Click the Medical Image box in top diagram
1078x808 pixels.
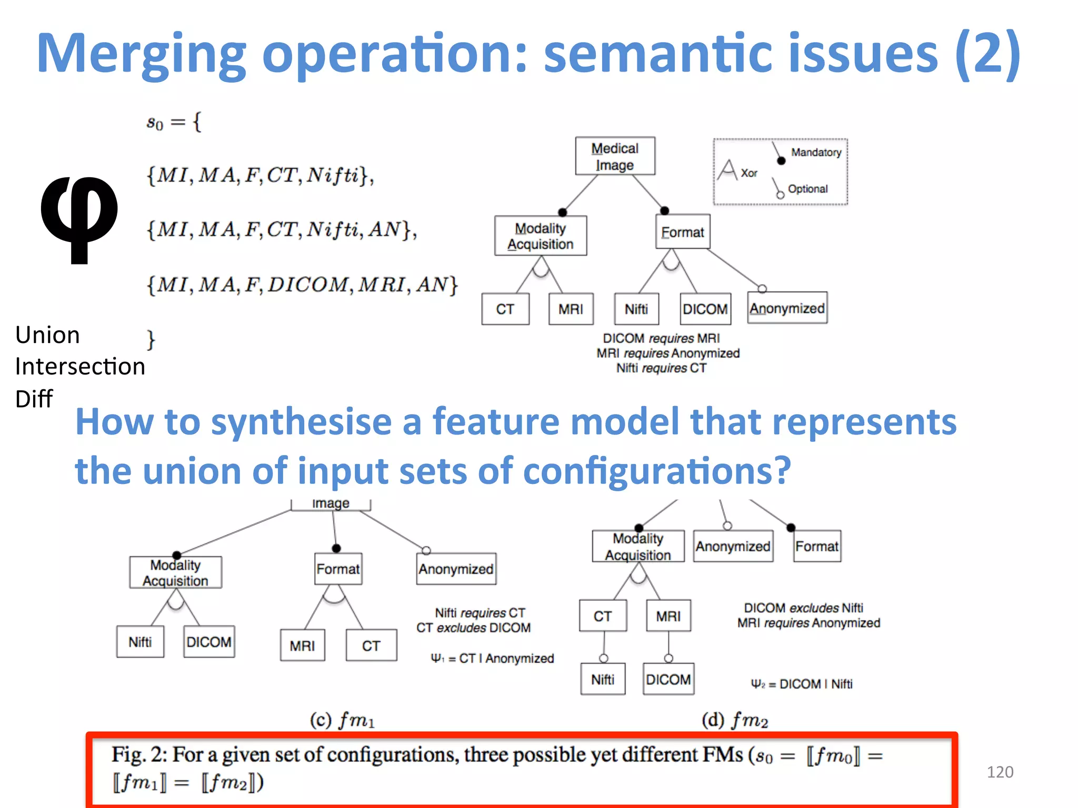click(x=615, y=156)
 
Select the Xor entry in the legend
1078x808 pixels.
click(x=748, y=173)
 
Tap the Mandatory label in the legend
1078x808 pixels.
click(x=816, y=153)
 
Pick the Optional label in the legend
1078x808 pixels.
click(x=807, y=189)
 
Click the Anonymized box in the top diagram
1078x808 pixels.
click(x=787, y=308)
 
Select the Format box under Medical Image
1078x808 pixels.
click(x=682, y=232)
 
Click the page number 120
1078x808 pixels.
click(x=1000, y=772)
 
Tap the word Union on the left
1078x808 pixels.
click(x=47, y=335)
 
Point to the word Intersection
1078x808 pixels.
click(x=80, y=366)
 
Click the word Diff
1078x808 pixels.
click(x=34, y=399)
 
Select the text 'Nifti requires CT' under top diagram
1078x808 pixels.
click(x=661, y=368)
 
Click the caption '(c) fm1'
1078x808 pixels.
click(x=342, y=719)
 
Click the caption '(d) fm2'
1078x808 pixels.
click(x=735, y=719)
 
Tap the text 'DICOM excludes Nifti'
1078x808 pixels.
click(x=803, y=608)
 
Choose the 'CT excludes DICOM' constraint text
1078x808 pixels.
click(x=473, y=628)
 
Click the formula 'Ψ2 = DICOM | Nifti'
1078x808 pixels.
click(x=801, y=684)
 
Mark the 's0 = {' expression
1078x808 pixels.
click(x=174, y=123)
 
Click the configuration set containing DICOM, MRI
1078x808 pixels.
click(x=302, y=285)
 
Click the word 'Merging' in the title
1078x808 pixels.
click(x=141, y=54)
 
